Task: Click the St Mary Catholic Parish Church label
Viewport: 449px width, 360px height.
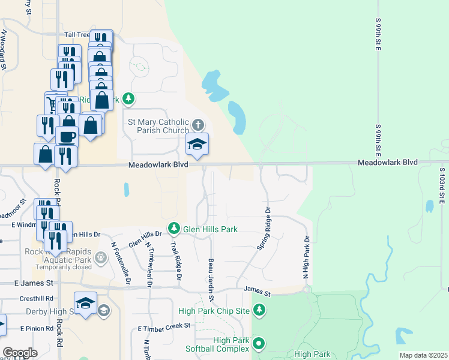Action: tap(158, 125)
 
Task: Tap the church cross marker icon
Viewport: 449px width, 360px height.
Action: tap(199, 125)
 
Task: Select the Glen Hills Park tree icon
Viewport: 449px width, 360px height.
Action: tap(174, 228)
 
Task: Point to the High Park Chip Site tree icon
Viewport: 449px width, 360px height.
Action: tap(259, 310)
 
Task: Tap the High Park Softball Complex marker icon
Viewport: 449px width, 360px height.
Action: tap(259, 344)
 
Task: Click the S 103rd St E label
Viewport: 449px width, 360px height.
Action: tap(441, 185)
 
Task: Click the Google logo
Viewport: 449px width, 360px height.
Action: tap(20, 353)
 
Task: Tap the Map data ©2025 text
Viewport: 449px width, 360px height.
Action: tap(423, 355)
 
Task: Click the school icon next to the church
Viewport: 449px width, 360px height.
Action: tap(197, 144)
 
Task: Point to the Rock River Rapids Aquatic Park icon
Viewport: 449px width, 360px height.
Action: tap(101, 258)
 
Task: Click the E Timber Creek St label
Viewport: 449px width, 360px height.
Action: tap(163, 327)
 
